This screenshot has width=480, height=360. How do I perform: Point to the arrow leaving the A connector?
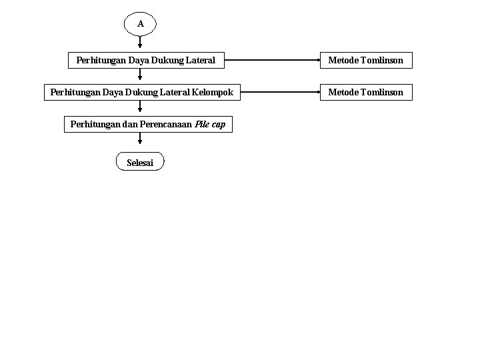point(140,42)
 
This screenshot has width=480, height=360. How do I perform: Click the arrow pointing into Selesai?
point(140,139)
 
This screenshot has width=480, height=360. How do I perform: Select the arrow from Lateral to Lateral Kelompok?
point(140,75)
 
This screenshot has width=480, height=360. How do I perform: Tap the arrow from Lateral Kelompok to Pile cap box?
point(140,106)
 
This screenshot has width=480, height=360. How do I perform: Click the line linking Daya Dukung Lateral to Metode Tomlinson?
point(272,60)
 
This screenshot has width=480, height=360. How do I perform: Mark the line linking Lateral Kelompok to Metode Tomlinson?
point(281,92)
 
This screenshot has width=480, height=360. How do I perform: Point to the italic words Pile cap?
point(210,124)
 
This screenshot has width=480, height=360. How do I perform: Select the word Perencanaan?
point(165,124)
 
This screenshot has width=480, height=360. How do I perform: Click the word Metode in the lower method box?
point(343,93)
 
